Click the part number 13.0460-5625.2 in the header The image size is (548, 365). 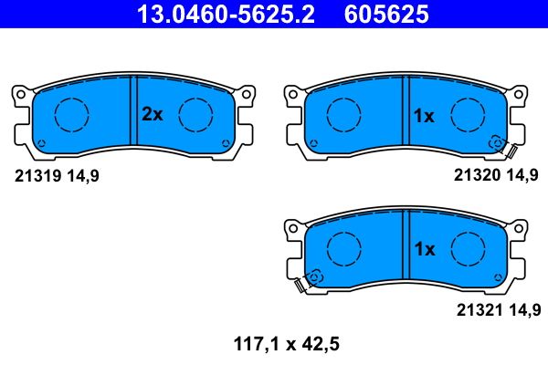coord(217,14)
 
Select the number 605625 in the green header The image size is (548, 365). coord(385,14)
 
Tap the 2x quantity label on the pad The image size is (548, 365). coord(152,115)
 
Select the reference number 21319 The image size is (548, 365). coord(37,176)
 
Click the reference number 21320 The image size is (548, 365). coord(476,176)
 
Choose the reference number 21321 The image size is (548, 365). coord(476,309)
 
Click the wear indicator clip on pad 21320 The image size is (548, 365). coord(503,146)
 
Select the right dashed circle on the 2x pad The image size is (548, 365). coord(195,114)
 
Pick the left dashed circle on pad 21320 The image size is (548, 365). coord(342,114)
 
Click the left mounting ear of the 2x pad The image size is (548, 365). coord(20,95)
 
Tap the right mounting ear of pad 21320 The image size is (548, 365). coord(519,95)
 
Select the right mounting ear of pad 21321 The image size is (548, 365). coord(519,227)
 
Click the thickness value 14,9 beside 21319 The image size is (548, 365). coord(81,176)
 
